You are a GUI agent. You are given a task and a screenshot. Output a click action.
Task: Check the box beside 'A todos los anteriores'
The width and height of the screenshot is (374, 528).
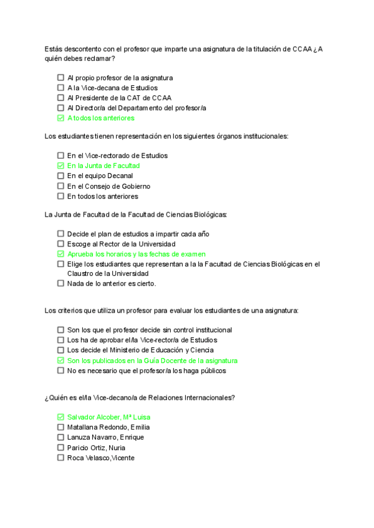(60, 118)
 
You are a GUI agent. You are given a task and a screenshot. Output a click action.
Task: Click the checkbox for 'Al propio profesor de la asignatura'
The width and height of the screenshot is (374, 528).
(60, 78)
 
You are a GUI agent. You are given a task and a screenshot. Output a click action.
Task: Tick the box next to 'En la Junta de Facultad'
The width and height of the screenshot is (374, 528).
(60, 166)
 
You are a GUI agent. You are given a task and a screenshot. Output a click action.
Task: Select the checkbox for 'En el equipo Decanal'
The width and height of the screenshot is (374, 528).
(60, 176)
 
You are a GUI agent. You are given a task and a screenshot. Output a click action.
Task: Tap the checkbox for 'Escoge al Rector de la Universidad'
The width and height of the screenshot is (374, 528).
(60, 244)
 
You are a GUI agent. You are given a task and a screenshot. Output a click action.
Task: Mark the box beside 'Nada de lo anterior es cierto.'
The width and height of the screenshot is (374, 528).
(60, 283)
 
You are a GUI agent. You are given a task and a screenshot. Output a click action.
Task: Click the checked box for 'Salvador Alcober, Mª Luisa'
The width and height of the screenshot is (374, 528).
(60, 417)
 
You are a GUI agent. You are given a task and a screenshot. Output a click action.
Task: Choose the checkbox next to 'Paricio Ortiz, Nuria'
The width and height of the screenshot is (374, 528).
(60, 447)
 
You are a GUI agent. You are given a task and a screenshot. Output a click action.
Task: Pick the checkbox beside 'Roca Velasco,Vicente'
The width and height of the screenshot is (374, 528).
(60, 458)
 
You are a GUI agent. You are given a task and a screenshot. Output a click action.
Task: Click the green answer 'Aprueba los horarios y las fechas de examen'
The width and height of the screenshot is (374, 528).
(137, 254)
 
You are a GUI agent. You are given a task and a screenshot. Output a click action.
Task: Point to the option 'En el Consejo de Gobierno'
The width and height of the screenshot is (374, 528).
(108, 186)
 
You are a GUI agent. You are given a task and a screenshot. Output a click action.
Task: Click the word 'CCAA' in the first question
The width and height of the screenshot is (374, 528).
(302, 49)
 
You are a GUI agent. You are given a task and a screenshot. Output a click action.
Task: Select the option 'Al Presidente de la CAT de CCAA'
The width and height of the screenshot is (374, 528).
(119, 98)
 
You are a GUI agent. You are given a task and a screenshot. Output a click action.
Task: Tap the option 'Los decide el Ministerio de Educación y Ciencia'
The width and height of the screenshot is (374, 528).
(140, 350)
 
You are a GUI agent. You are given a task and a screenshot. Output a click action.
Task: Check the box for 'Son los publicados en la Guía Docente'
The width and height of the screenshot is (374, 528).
(60, 361)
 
